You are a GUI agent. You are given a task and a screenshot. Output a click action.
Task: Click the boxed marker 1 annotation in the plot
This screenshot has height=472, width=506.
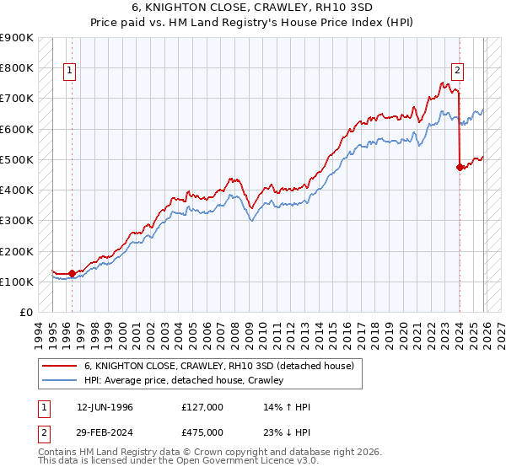[x=69, y=71]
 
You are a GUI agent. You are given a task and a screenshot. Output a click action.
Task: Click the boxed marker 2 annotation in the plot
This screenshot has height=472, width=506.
[x=457, y=71]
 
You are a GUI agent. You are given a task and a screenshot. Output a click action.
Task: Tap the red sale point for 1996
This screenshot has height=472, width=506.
[x=72, y=273]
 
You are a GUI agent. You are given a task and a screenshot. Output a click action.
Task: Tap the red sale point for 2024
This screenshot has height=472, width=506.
[x=460, y=167]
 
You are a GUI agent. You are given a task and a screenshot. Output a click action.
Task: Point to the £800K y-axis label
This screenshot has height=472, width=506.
[x=17, y=68]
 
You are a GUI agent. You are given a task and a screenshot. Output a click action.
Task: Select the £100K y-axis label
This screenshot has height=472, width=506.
[x=17, y=282]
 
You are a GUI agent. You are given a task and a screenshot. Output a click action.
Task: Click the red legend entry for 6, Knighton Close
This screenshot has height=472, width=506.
[x=223, y=366]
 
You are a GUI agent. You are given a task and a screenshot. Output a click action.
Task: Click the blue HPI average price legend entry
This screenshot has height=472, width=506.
[x=184, y=380]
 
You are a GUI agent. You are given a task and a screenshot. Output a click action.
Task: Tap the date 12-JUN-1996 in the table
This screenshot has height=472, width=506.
[x=105, y=407]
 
